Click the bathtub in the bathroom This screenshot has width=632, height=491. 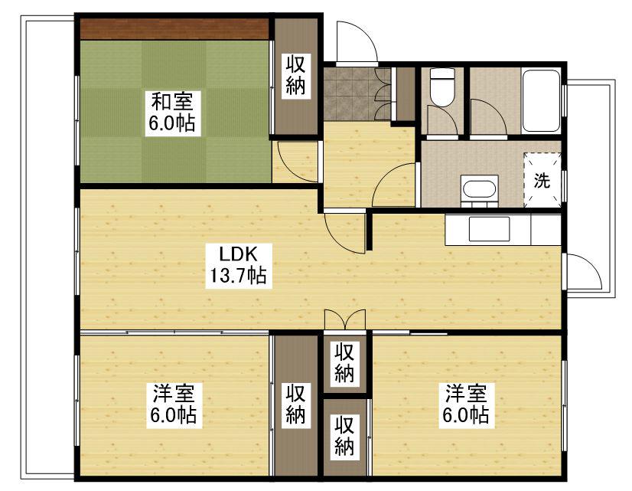coord(540,100)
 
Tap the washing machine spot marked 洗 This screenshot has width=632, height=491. coord(542,182)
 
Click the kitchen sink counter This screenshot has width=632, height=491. coord(490,229)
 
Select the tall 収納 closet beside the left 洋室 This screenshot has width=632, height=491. coord(296,404)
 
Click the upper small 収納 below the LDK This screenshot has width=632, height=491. coord(345,363)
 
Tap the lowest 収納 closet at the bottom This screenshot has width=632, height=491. coord(345,436)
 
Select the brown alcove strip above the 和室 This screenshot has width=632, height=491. coord(174,28)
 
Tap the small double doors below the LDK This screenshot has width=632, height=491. coord(345,319)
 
